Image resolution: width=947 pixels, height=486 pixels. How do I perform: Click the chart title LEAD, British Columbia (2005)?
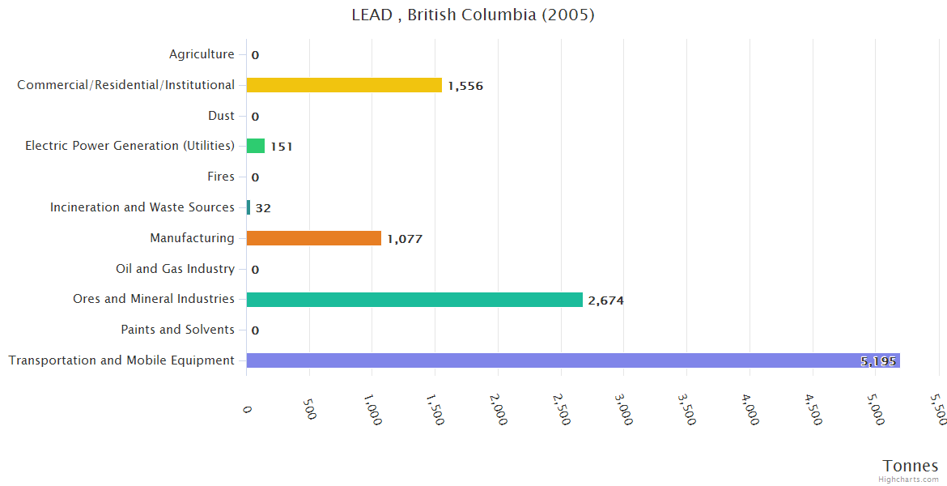coord(473,15)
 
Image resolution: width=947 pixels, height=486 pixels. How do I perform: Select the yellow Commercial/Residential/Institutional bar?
coord(344,85)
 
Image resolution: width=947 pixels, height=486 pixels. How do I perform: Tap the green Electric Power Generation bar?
coord(256,146)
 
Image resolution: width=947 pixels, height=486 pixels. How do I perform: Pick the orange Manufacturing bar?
coord(313,238)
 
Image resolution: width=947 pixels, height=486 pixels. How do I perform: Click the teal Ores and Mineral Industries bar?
coord(414,300)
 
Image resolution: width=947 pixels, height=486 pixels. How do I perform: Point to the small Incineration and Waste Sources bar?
coord(248,207)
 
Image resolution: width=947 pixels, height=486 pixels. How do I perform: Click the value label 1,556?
coord(465,86)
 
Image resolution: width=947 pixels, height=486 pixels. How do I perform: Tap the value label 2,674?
coord(605,301)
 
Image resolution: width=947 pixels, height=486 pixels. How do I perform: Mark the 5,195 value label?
coord(878,361)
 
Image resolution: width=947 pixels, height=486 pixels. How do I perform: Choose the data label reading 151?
coord(281,147)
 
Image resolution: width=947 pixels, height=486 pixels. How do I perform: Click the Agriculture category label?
coord(202,54)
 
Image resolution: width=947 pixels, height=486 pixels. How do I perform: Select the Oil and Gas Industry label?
coord(175,269)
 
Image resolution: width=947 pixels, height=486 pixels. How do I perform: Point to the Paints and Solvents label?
coord(177,330)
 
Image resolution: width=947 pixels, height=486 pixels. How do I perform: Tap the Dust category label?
coord(221,116)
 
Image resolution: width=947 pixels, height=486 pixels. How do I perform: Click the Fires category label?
coord(221,177)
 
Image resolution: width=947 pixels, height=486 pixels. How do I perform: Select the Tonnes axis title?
coord(910,466)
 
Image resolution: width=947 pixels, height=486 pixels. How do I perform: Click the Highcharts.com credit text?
coord(909,480)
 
